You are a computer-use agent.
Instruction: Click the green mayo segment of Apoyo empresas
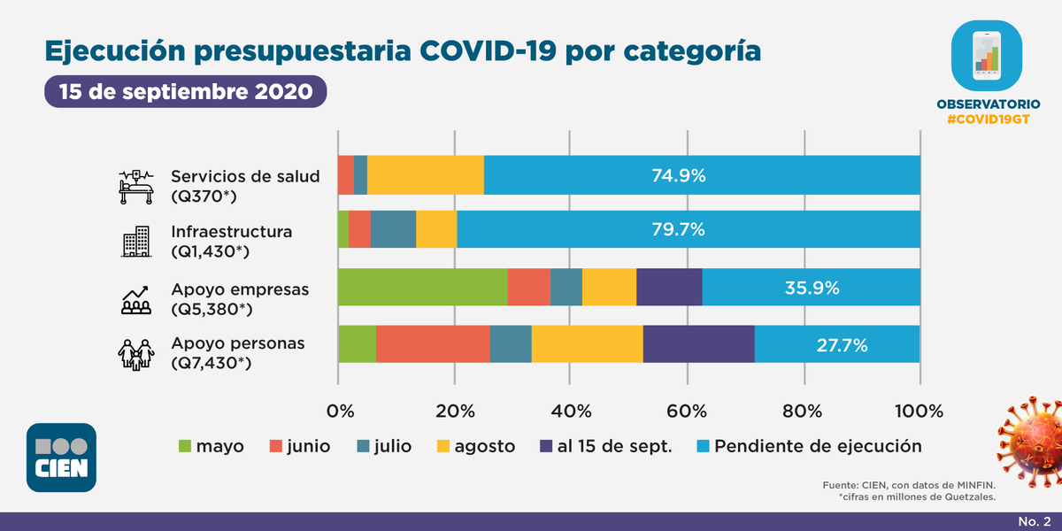pos(422,288)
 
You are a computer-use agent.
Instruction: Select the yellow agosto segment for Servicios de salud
pos(425,175)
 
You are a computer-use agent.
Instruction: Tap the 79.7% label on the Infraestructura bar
pos(678,230)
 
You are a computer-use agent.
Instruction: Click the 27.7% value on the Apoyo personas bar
pos(837,344)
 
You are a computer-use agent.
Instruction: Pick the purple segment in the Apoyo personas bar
pos(698,344)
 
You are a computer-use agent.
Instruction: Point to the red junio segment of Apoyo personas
pos(433,344)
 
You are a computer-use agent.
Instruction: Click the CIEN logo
pos(61,458)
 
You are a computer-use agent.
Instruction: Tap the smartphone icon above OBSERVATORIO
pos(986,55)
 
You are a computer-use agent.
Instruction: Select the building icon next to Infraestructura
pos(136,242)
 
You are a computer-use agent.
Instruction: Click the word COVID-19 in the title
pos(487,50)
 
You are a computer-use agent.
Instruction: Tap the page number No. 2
pos(1034,520)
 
